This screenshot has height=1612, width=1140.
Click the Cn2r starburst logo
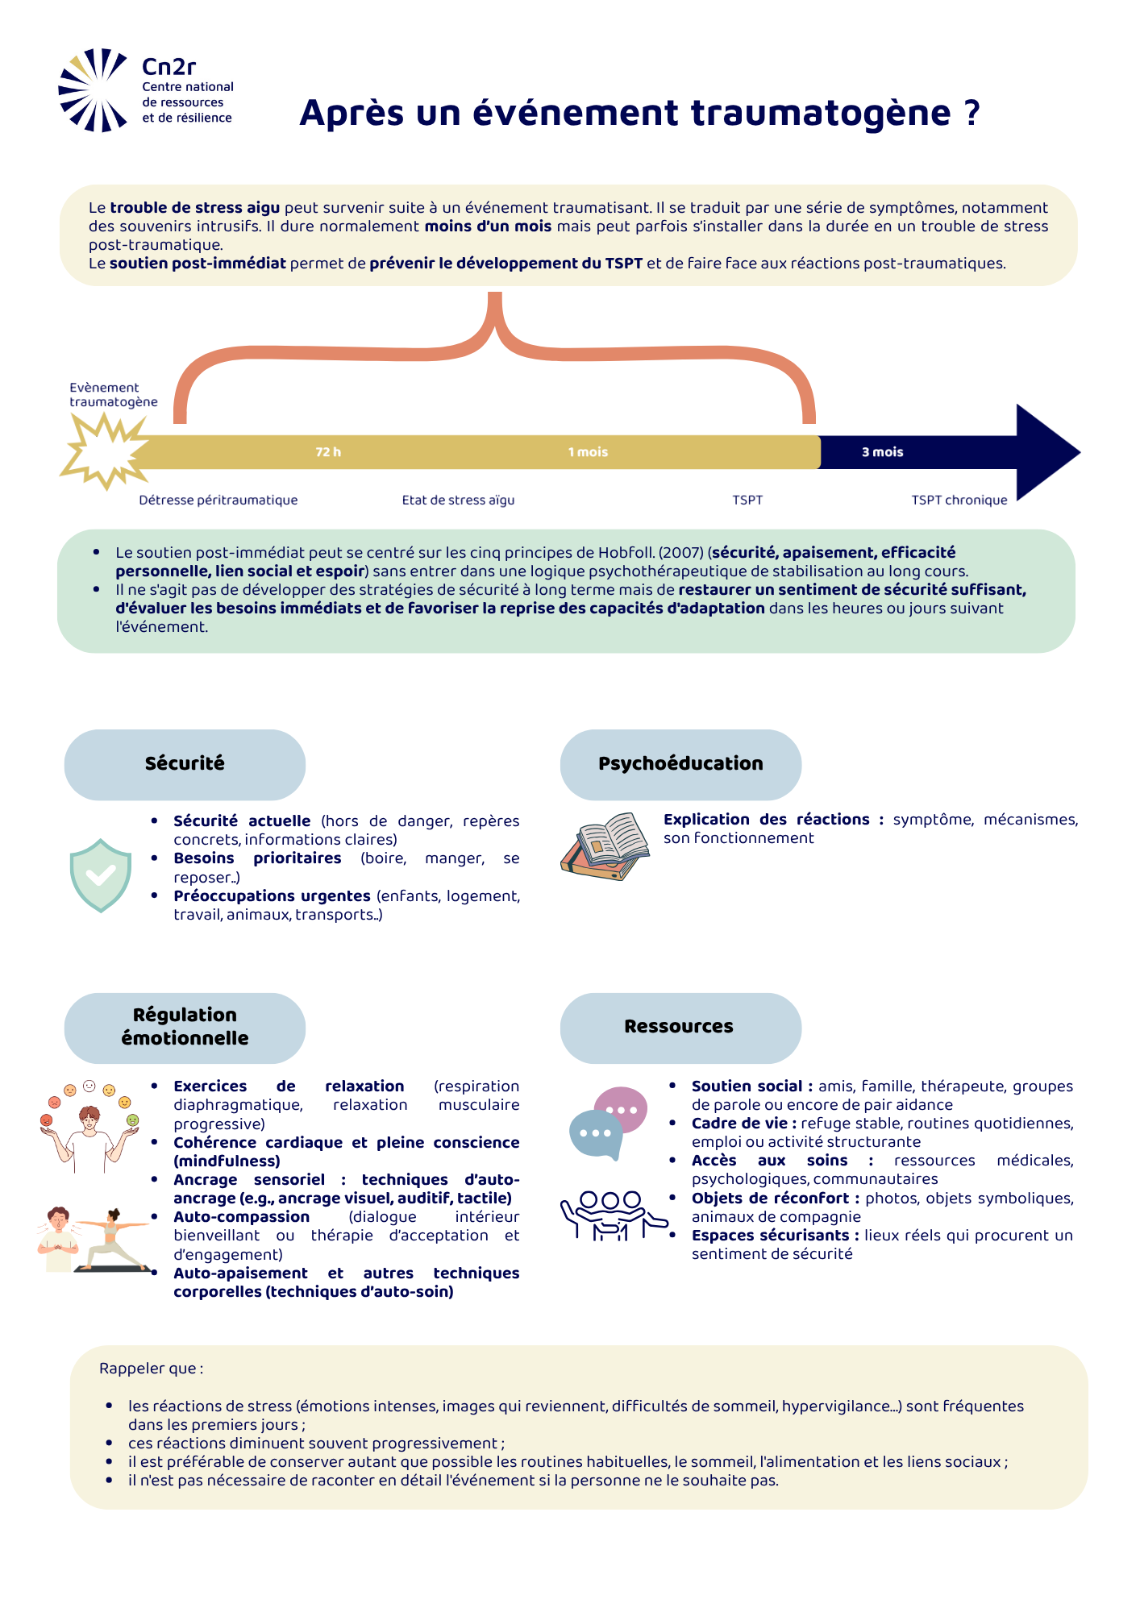(93, 89)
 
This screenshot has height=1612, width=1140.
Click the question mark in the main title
(971, 113)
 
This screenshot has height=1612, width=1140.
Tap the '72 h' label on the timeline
(328, 452)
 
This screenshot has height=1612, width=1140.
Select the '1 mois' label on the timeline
(588, 452)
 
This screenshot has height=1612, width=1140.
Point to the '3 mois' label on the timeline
(882, 452)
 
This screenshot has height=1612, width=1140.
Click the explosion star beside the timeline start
(104, 451)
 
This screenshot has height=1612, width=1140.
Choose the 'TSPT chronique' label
(959, 500)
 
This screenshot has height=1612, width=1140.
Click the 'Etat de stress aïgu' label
(458, 500)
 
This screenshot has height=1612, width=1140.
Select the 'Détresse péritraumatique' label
(218, 500)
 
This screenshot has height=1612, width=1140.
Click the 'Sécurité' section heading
(185, 763)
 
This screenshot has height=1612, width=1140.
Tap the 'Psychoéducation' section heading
(680, 763)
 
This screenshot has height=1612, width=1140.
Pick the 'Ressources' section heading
(679, 1026)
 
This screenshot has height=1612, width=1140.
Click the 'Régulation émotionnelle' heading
(185, 1026)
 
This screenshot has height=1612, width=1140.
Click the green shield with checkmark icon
(101, 875)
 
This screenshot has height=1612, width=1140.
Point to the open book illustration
(605, 846)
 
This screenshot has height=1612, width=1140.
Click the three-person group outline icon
(613, 1215)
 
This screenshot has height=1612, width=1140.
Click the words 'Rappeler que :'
(152, 1369)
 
